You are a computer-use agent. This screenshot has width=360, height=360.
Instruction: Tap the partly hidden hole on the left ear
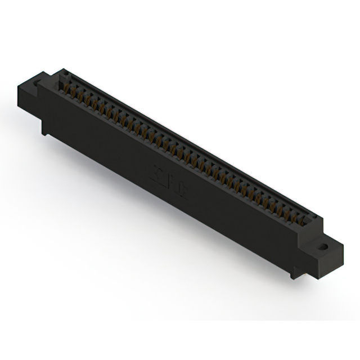pyautogui.click(x=38, y=83)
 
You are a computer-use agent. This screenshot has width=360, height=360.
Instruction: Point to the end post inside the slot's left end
pyautogui.click(x=64, y=77)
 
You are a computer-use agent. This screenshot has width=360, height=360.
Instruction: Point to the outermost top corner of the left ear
pyautogui.click(x=19, y=84)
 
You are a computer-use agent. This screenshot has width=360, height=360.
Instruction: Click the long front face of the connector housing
pyautogui.click(x=169, y=186)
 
